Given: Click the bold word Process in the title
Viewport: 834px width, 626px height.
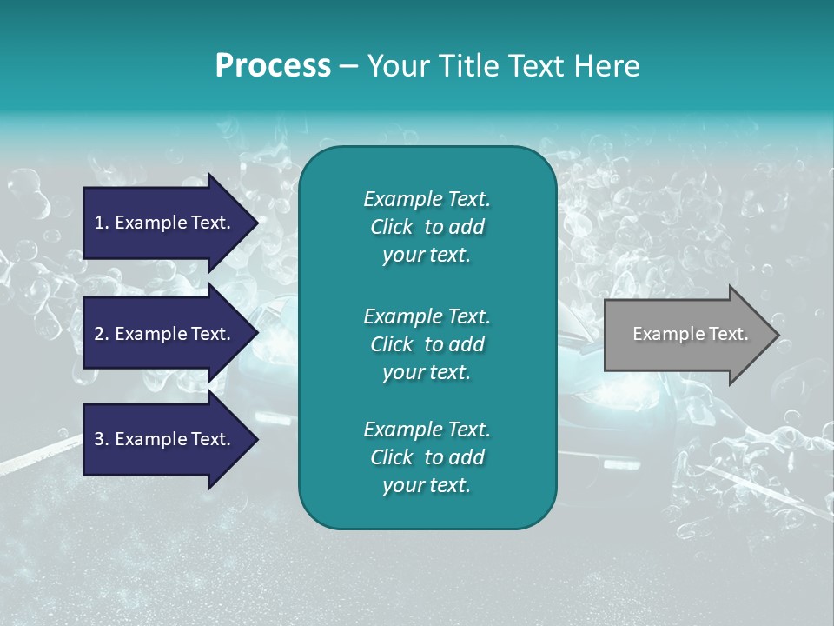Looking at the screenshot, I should coord(273,66).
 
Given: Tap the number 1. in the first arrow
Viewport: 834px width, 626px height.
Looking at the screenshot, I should coord(102,223).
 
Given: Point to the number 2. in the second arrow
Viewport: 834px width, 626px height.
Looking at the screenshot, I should coord(102,334).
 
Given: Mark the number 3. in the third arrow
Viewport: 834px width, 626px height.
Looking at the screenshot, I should coord(102,439).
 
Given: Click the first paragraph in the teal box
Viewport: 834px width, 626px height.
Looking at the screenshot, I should coord(427,227).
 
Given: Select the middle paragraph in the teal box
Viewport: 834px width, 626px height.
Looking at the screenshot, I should coord(427,343).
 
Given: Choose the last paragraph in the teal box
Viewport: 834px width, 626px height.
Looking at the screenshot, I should coord(427,457).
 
